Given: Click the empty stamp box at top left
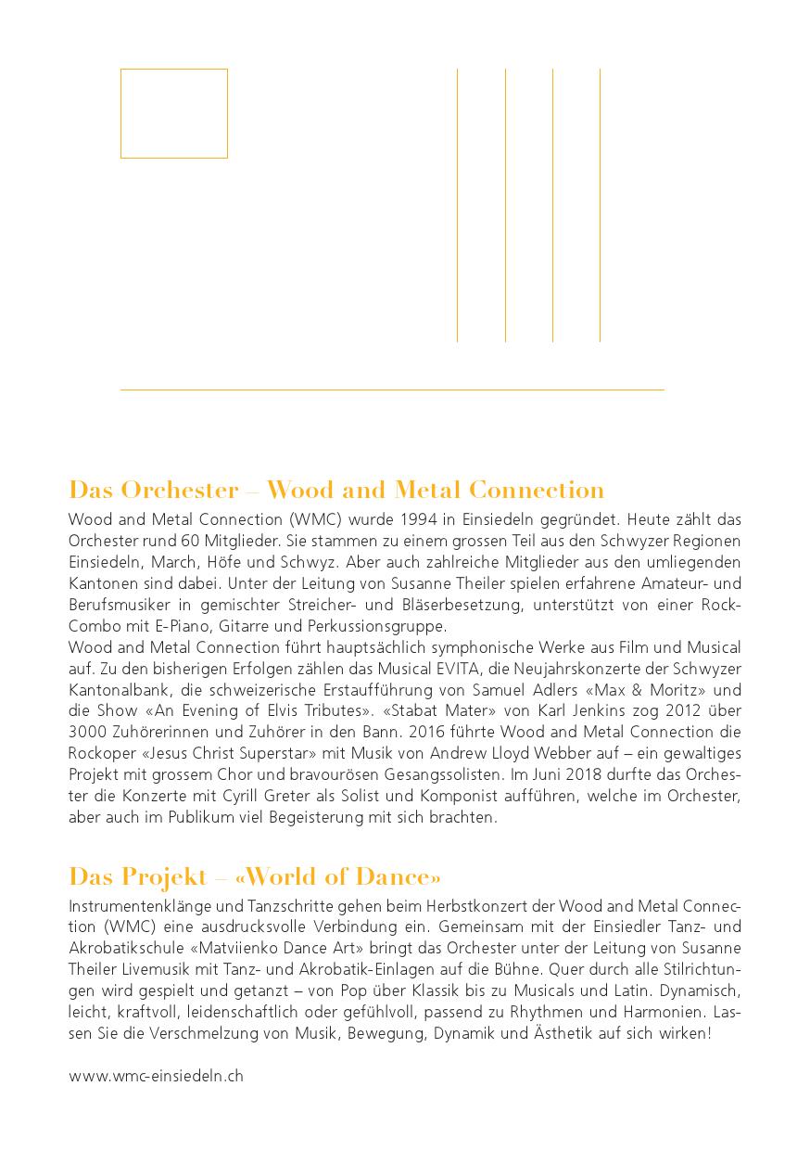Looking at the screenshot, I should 174,113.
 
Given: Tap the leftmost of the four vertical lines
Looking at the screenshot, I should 458,204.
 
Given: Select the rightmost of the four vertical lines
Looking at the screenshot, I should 600,204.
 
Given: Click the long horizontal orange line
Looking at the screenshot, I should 392,390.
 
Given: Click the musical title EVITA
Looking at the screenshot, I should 478,669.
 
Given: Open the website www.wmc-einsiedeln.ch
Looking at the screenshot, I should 156,1076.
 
